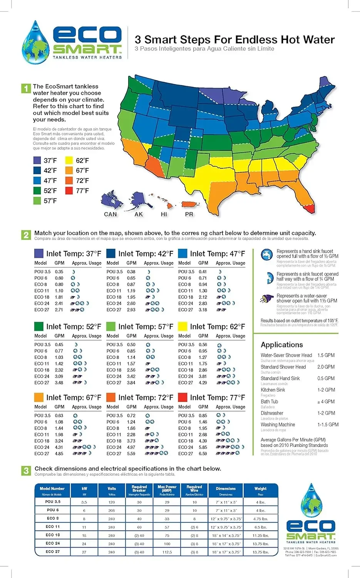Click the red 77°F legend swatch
tap(69, 190)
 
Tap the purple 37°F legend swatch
tap(37, 160)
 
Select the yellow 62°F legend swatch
tap(69, 160)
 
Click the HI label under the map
tap(164, 214)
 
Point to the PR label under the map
tap(189, 214)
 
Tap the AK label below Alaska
tap(139, 214)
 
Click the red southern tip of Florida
tap(310, 209)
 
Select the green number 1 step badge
tap(25, 88)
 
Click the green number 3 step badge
tap(26, 470)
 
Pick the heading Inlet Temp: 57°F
tap(146, 326)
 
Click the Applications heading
tap(282, 344)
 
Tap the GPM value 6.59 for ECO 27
tap(203, 454)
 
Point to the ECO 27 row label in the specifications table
tap(52, 551)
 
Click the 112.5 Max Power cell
tap(167, 552)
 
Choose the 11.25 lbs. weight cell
tap(260, 535)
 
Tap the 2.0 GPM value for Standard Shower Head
tap(326, 367)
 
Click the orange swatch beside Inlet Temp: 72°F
tap(111, 397)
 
